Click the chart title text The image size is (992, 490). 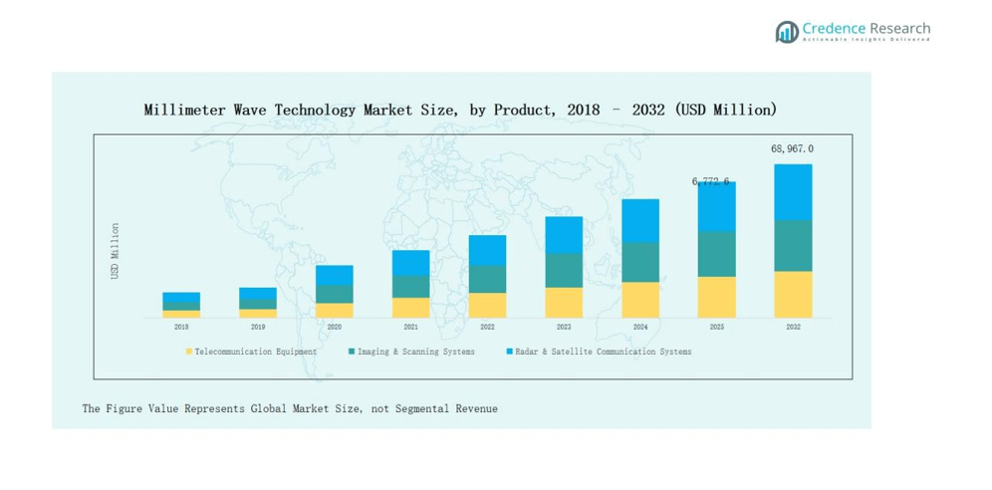(460, 110)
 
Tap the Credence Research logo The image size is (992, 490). (853, 31)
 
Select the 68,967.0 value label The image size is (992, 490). (792, 148)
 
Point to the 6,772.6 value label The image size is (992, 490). (711, 181)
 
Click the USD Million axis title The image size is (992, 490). (116, 250)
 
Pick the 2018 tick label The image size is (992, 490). (181, 327)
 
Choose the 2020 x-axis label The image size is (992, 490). (335, 327)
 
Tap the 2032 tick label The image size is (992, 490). (793, 327)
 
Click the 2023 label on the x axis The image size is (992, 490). (564, 327)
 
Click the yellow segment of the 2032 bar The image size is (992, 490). (793, 294)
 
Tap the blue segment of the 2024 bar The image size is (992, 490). (640, 220)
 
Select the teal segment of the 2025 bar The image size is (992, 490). (716, 254)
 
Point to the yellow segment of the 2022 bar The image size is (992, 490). (487, 305)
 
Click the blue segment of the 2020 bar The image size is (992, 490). (335, 275)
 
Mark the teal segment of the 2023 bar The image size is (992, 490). (564, 270)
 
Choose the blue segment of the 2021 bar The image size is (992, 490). (410, 262)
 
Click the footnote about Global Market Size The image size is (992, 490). (290, 408)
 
